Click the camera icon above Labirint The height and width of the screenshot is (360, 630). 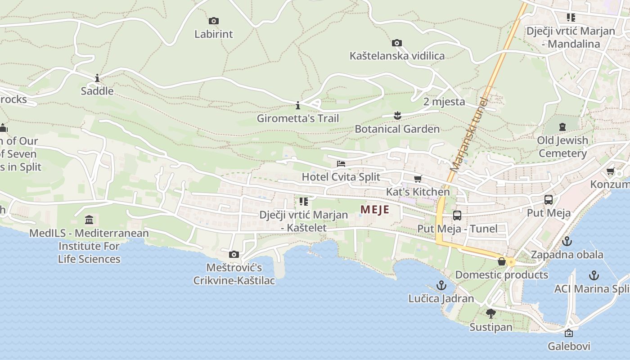(214, 21)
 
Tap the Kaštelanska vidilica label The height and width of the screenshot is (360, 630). (397, 56)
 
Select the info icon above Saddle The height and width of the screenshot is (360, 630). (97, 78)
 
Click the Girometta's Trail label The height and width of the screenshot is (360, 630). (297, 118)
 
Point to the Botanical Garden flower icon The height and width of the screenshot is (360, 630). (397, 116)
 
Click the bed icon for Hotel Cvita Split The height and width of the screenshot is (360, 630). (341, 163)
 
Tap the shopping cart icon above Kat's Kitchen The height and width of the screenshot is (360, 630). (418, 179)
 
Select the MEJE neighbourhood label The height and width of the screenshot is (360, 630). (374, 210)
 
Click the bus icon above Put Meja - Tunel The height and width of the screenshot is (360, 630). (457, 216)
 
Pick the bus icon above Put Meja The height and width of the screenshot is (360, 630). (549, 200)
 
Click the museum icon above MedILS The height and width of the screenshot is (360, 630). (89, 220)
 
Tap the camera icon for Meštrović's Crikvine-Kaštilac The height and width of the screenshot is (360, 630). (234, 255)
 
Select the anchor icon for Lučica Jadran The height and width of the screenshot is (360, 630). (441, 285)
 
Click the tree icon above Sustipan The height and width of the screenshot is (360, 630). (491, 314)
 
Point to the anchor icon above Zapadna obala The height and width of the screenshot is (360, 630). (567, 241)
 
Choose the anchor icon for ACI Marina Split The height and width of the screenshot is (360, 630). (594, 275)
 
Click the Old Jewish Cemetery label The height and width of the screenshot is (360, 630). (562, 147)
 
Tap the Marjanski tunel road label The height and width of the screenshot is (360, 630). (468, 135)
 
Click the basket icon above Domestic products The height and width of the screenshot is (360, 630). (502, 261)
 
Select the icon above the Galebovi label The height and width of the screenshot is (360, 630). (569, 333)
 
